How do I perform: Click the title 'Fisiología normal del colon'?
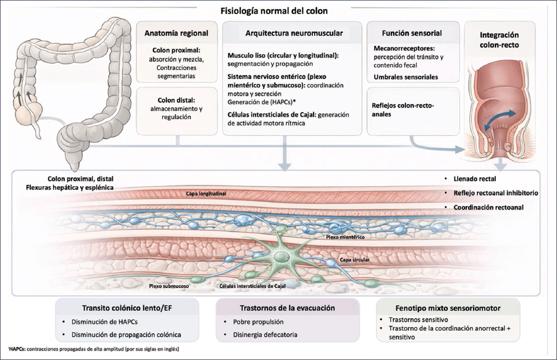(x=274, y=10)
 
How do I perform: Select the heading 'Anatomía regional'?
(x=176, y=33)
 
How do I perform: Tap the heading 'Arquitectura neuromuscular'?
(x=294, y=33)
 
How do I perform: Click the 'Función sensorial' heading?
(x=412, y=33)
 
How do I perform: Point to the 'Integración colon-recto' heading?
(x=499, y=40)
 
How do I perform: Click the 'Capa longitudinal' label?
(x=206, y=194)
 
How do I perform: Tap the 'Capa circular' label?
(x=355, y=260)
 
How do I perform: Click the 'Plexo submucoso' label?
(x=169, y=286)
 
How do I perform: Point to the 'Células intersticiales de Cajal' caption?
(x=252, y=286)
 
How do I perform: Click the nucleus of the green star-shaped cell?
(x=282, y=256)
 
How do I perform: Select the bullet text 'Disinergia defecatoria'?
(x=265, y=335)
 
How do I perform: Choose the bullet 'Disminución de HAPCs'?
(x=105, y=322)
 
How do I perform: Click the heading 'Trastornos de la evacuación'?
(x=287, y=308)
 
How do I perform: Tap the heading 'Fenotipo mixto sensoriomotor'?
(x=448, y=308)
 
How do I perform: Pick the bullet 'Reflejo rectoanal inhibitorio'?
(x=496, y=193)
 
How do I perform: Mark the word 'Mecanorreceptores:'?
(x=404, y=48)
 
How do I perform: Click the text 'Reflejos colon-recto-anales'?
(x=403, y=110)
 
